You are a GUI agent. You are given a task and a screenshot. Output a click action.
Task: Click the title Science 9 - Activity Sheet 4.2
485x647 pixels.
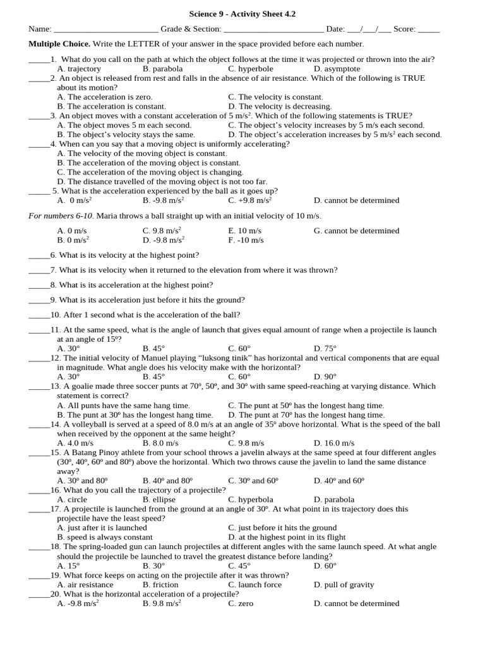tap(242, 14)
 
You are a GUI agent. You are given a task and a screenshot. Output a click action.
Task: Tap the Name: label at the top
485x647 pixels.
tap(40, 29)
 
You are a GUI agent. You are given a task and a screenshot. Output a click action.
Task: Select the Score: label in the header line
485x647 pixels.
tap(404, 29)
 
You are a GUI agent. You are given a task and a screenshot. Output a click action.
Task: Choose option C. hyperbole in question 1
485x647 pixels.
tap(251, 69)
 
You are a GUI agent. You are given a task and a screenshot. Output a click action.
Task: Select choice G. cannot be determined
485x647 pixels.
tap(356, 231)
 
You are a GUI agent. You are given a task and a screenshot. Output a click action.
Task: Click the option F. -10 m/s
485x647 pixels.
tap(246, 240)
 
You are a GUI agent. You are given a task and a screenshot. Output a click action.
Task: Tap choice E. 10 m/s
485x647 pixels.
tap(244, 231)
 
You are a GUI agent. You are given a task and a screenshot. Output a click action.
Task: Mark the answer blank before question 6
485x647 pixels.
tap(39, 256)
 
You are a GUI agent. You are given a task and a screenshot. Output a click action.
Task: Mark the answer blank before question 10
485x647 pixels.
tap(39, 315)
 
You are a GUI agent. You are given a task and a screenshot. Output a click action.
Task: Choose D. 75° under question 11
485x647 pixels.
tap(325, 348)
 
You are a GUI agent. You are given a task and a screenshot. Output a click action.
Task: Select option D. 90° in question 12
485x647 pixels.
tap(325, 377)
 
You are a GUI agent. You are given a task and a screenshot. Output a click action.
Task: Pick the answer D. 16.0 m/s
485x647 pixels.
tap(334, 443)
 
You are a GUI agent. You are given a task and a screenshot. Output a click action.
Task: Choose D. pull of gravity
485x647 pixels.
tap(344, 584)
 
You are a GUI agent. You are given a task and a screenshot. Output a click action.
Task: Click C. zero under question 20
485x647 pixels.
tap(241, 603)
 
